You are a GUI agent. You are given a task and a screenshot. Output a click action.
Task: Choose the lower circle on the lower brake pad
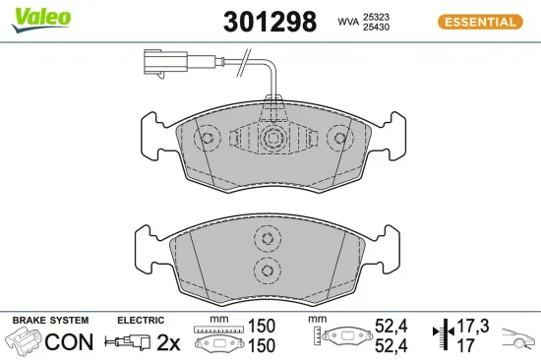click(x=265, y=270)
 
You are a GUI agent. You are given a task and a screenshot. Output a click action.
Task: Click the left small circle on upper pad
click(x=207, y=139)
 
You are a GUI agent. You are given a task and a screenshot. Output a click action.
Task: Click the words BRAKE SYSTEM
click(x=50, y=321)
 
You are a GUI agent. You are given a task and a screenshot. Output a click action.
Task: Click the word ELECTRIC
click(x=141, y=321)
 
